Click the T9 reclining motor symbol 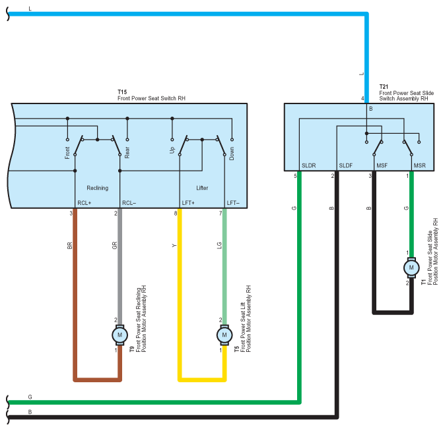pos(120,335)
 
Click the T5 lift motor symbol pos(224,335)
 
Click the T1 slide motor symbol pos(411,268)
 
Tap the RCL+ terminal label pos(85,203)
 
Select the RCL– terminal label pos(129,203)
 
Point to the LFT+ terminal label pos(188,203)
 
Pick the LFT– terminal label pos(233,203)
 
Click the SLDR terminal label pos(309,165)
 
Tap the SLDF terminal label pos(346,165)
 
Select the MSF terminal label pos(382,165)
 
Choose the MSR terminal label pos(420,165)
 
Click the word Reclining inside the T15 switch pos(98,188)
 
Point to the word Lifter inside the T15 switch pos(202,188)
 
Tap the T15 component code pos(122,92)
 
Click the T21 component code pos(384,87)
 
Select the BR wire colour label pos(70,246)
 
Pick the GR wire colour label pos(115,245)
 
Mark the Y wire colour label pos(174,246)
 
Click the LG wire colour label pos(219,245)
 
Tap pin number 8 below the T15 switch pos(176,213)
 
